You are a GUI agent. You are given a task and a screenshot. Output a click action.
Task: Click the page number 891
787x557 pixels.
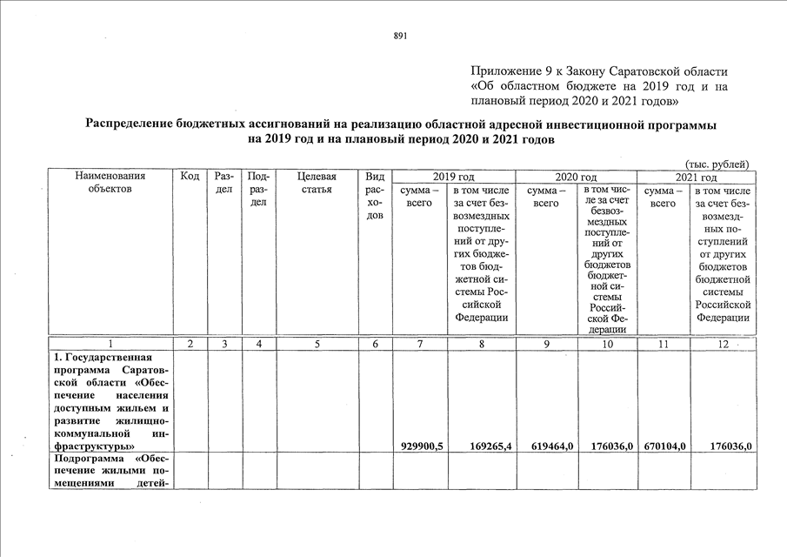[400, 36]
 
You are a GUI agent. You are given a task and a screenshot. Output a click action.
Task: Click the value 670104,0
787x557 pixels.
[665, 446]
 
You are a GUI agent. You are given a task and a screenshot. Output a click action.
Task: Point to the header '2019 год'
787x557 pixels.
[454, 177]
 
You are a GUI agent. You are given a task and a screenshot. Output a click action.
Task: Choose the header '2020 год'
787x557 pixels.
[576, 177]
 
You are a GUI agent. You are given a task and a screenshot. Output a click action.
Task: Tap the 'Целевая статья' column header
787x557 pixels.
[317, 183]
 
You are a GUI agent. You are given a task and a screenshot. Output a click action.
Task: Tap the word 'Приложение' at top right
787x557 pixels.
[505, 70]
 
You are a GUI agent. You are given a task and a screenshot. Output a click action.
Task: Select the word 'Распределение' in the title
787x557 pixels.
[133, 125]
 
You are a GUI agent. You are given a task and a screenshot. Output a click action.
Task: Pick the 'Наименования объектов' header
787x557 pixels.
[110, 183]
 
